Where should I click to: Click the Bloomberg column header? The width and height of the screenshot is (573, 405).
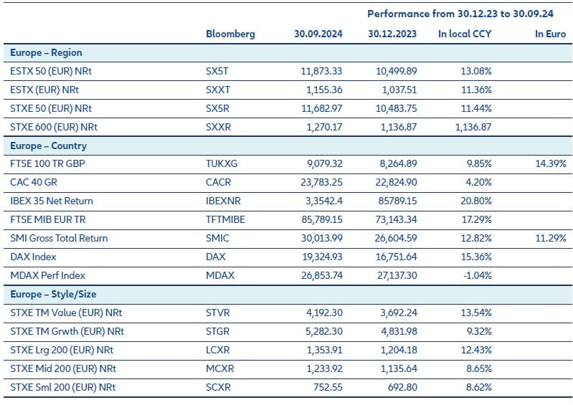(229, 34)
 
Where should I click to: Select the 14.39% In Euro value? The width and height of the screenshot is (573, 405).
(550, 164)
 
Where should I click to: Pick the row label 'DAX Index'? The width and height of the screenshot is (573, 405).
(34, 257)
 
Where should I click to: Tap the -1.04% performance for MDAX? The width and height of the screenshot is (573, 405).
(476, 276)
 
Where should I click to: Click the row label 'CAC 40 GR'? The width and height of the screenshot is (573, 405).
(35, 183)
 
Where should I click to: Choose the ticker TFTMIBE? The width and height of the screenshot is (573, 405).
(225, 220)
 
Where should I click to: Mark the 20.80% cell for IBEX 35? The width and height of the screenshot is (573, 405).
(475, 201)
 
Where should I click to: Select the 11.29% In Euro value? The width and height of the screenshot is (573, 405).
(550, 239)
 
